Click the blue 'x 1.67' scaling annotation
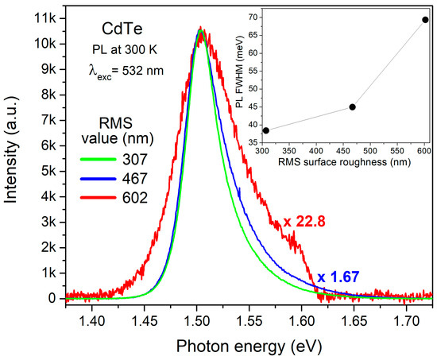339,277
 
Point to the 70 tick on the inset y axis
249,16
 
